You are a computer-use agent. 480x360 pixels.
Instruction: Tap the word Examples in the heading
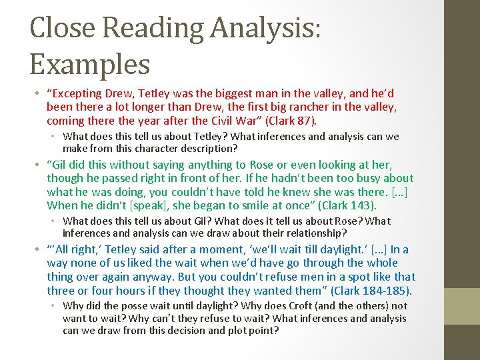point(90,65)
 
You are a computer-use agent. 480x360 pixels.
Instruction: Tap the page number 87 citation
point(305,121)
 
